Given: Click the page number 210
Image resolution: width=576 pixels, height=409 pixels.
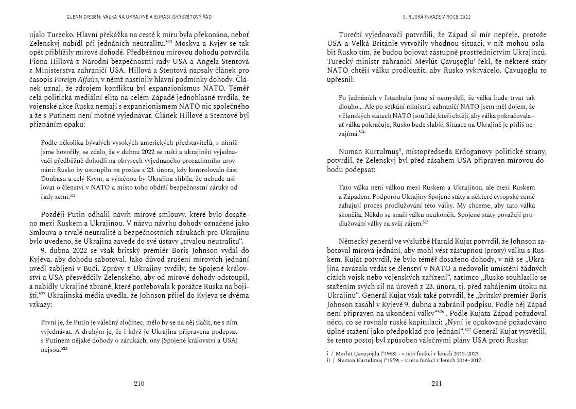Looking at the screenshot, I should [x=139, y=383].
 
